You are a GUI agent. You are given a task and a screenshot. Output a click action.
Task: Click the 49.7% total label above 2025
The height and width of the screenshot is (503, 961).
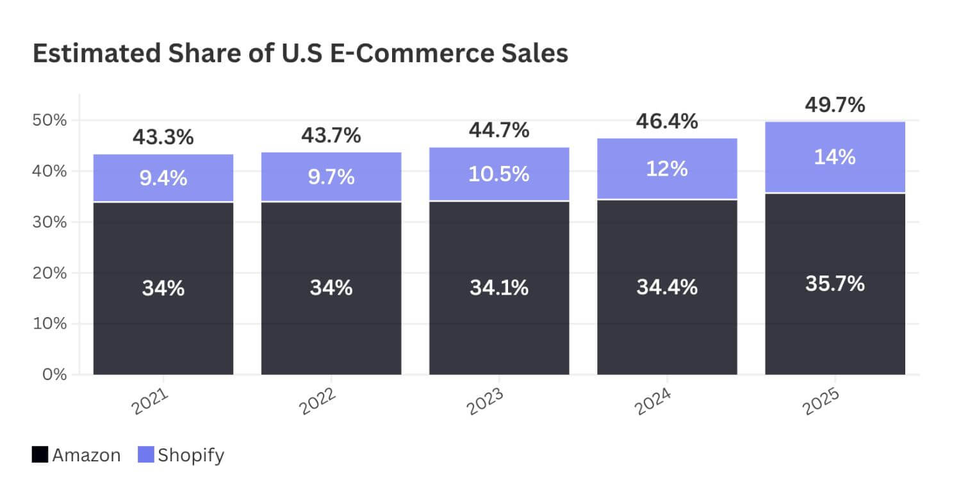(835, 104)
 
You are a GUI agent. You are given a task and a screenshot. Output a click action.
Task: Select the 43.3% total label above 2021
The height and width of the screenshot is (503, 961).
(163, 137)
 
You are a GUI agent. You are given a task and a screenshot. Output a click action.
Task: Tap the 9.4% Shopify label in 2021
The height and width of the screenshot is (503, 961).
(163, 178)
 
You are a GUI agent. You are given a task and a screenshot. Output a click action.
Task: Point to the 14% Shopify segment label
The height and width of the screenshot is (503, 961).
(835, 157)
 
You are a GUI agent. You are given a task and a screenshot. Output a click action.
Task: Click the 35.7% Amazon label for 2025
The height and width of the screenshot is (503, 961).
(835, 283)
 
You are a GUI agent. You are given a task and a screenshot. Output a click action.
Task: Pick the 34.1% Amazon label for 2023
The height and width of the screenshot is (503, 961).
(498, 288)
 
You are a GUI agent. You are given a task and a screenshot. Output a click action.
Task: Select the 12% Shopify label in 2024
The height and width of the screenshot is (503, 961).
(667, 169)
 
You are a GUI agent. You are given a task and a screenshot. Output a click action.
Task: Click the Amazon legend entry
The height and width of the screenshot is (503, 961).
(86, 456)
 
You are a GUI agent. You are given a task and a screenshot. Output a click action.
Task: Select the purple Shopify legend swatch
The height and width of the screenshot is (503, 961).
(146, 456)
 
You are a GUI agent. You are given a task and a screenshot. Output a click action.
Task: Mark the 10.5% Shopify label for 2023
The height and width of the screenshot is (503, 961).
(498, 174)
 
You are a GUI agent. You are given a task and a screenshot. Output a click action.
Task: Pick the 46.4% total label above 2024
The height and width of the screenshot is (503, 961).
(667, 120)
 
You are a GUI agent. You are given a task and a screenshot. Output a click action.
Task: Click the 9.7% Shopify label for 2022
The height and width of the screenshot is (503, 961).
(331, 177)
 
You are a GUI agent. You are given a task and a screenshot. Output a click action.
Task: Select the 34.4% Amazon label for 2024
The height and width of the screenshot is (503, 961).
(667, 288)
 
